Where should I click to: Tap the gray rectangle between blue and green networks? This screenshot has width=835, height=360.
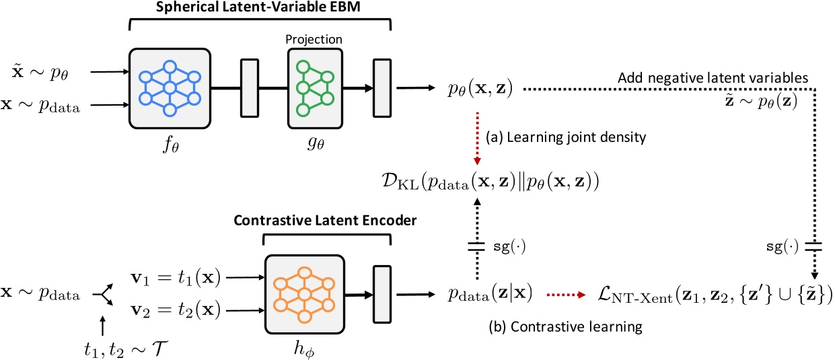(x=250, y=88)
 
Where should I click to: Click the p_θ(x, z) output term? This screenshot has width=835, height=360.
(x=480, y=89)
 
